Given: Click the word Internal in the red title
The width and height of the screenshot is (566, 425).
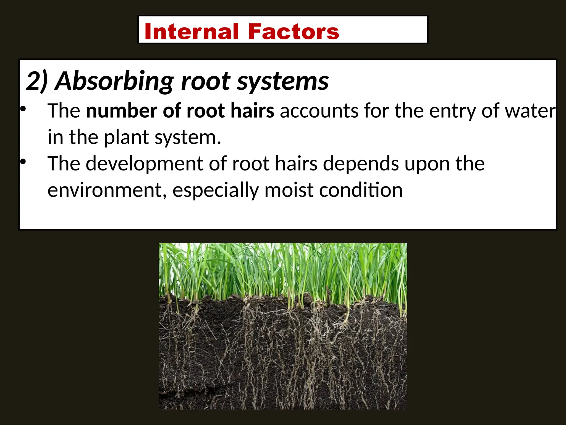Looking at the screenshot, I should [191, 32].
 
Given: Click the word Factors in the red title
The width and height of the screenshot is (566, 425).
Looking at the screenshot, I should [294, 32].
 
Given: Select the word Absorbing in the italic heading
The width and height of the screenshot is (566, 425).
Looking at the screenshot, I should [115, 81].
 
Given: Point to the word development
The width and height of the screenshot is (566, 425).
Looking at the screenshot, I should [145, 164].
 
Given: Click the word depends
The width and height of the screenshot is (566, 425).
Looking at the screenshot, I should [361, 164].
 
